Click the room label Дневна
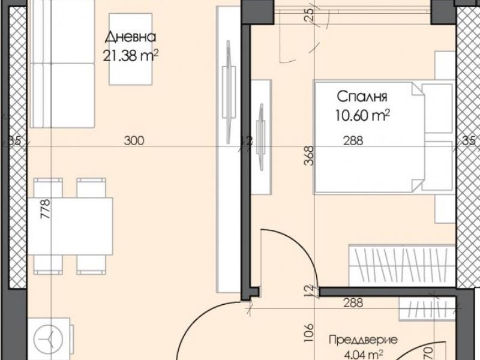click(x=130, y=37)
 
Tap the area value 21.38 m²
click(x=131, y=56)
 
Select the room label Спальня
click(x=362, y=97)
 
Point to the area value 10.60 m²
click(x=362, y=116)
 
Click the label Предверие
click(x=364, y=340)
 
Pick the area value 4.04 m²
click(x=364, y=355)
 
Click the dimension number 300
click(x=134, y=140)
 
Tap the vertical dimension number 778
click(x=45, y=209)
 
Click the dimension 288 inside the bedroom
click(x=353, y=140)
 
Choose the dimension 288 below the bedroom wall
click(x=353, y=303)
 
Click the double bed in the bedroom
click(x=383, y=137)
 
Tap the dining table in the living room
click(x=70, y=226)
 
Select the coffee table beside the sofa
click(x=131, y=49)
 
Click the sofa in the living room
click(x=63, y=64)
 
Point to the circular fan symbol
click(x=48, y=340)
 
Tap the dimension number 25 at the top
click(x=310, y=14)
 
